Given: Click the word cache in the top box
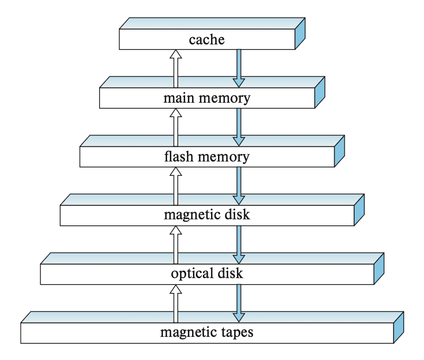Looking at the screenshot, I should (x=206, y=39).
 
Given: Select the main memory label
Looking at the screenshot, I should (x=206, y=98).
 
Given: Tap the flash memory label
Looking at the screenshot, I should (x=206, y=157).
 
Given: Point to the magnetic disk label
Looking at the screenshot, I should (x=206, y=215).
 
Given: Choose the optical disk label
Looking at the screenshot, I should (x=206, y=273).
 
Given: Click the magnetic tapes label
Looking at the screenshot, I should (x=206, y=332).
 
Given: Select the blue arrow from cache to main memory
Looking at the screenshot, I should (x=238, y=68).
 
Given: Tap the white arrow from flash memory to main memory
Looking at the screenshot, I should (x=175, y=127).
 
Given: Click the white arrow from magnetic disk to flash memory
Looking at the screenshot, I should (x=175, y=186).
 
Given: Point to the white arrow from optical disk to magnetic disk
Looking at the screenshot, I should (x=175, y=244).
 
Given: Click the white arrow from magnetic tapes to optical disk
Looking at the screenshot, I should (x=175, y=303).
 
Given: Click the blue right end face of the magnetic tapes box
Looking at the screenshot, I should (x=399, y=327).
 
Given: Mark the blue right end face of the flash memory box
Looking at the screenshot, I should (x=340, y=151).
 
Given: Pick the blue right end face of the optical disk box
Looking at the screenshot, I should (x=379, y=269).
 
